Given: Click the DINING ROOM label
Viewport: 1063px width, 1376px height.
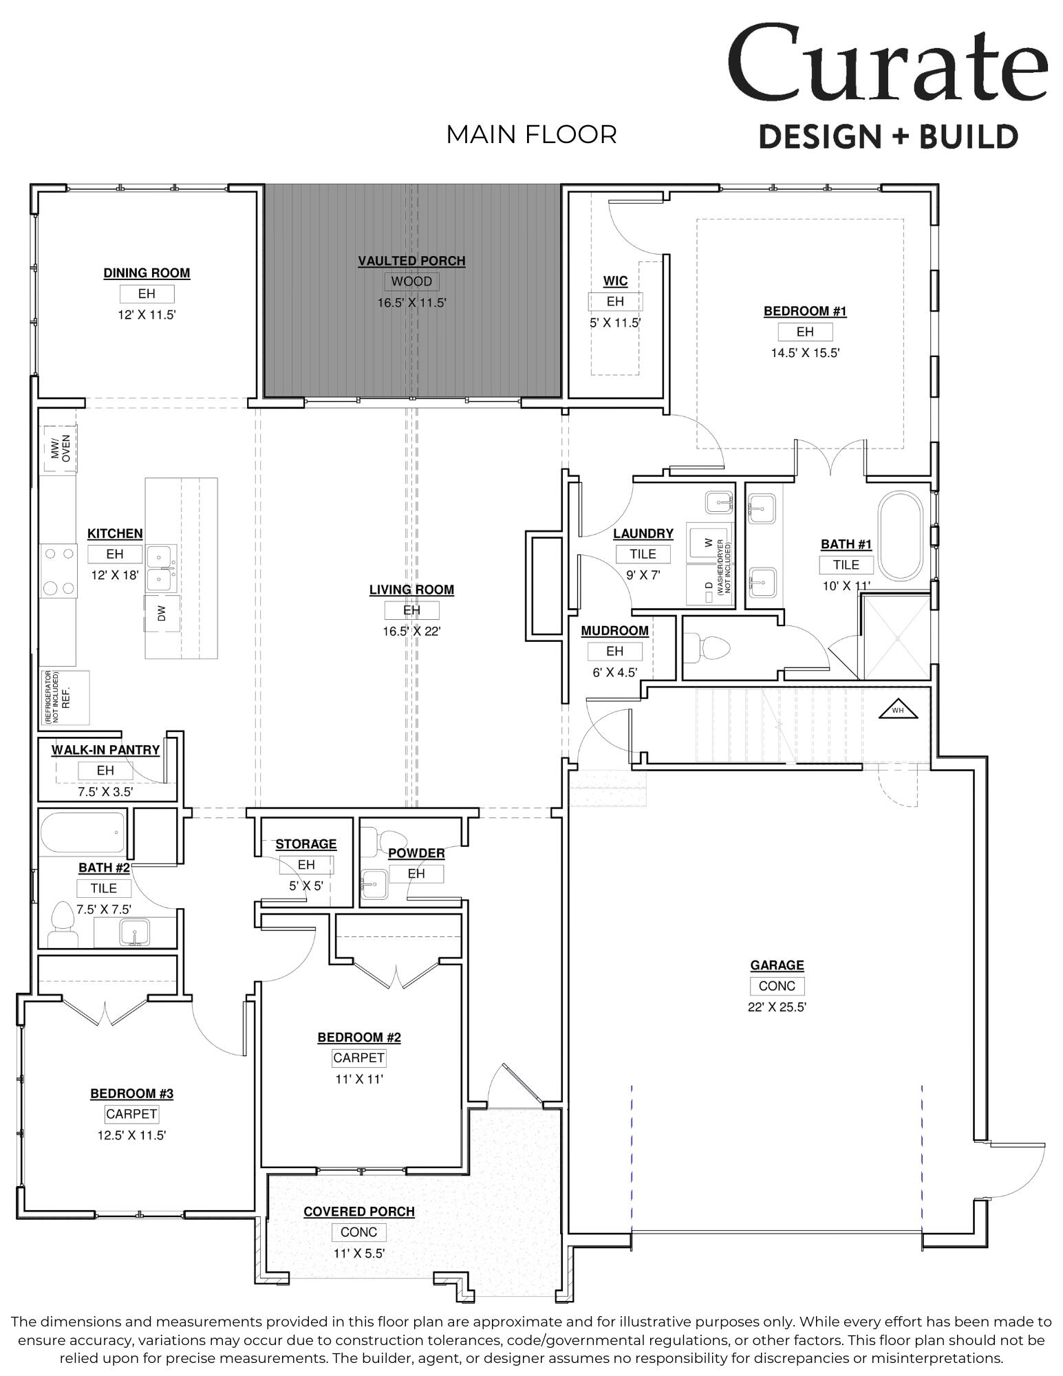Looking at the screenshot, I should (147, 273).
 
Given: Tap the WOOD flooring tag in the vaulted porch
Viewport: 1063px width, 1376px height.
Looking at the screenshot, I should (411, 281).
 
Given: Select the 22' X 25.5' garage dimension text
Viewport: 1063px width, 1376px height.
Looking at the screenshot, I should (777, 1007).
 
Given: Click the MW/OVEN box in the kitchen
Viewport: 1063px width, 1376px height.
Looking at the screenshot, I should (61, 449).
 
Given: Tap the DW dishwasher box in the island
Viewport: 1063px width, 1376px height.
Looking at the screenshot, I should (162, 613).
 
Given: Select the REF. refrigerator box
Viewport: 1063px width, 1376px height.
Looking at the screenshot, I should (66, 697).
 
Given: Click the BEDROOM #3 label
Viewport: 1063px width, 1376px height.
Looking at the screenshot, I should (131, 1094).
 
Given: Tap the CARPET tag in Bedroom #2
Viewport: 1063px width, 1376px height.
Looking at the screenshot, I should (358, 1057).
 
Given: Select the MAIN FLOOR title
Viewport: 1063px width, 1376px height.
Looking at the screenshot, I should (531, 135).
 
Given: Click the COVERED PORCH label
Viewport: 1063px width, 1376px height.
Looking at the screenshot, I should (358, 1212).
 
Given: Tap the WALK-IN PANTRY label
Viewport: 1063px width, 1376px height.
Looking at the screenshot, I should (105, 750).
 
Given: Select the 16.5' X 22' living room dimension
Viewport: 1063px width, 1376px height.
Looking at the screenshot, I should (411, 631).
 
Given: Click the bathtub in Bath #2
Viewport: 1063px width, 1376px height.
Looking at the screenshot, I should (83, 832).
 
